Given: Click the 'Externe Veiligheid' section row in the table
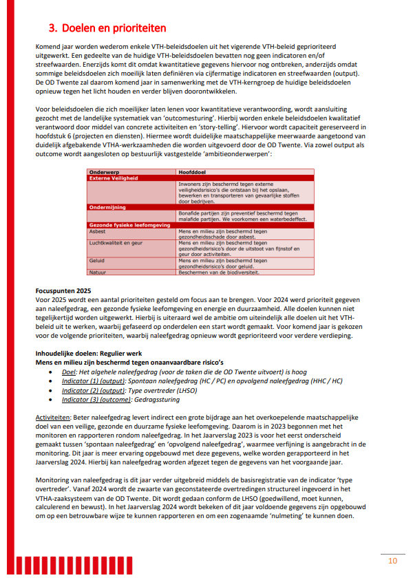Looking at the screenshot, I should [x=115, y=177].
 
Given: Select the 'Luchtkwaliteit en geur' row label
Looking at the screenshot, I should [x=116, y=243].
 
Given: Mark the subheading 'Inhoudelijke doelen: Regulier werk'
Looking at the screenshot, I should [x=87, y=354].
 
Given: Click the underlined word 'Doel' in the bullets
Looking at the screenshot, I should [x=69, y=372].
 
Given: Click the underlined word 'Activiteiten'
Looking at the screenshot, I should [x=52, y=418].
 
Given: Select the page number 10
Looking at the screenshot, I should [x=392, y=561].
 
